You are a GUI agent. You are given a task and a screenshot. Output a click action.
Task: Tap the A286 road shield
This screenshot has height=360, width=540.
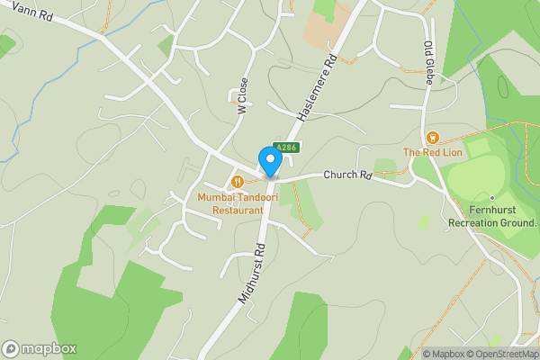point(285,147)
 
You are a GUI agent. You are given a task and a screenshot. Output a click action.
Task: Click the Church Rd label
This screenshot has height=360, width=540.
point(347,175)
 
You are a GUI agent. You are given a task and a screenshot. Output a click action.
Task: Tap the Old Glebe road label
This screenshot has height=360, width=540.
point(428,61)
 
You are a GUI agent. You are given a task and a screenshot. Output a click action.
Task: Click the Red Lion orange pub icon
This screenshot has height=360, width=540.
point(433,138)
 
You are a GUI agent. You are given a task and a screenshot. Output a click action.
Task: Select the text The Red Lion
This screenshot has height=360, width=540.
point(433,152)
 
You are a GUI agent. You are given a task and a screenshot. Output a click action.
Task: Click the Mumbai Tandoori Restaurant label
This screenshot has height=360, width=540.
point(238,202)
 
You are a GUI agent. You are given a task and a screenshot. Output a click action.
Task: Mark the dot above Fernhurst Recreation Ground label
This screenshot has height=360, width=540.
point(492,196)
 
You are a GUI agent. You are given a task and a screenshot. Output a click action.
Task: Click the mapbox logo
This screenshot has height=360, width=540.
point(40,348)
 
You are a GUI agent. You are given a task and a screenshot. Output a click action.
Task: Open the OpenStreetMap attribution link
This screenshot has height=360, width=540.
point(500,354)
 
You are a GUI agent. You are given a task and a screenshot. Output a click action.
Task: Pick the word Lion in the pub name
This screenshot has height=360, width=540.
point(451,152)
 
